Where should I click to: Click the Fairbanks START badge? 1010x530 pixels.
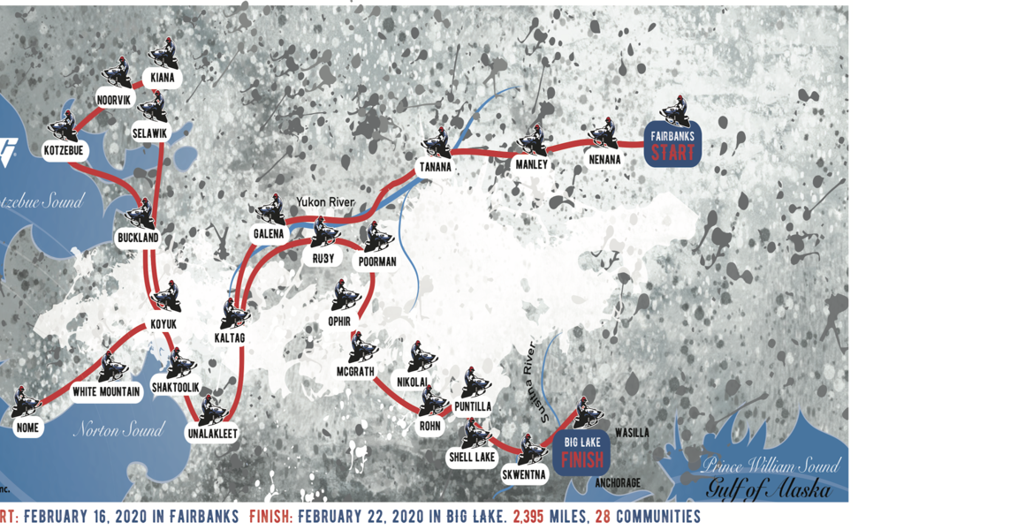pyautogui.click(x=672, y=145)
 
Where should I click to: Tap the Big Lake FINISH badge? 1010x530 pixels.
pyautogui.click(x=582, y=451)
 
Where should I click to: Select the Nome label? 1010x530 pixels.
pyautogui.click(x=27, y=428)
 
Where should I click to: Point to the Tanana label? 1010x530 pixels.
pyautogui.click(x=434, y=167)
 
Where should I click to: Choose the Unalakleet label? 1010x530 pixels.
pyautogui.click(x=211, y=434)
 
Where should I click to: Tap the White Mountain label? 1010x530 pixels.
pyautogui.click(x=106, y=391)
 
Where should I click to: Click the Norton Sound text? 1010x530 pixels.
pyautogui.click(x=118, y=430)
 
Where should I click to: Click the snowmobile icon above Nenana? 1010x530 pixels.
pyautogui.click(x=604, y=133)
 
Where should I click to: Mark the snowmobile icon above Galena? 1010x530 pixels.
pyautogui.click(x=269, y=209)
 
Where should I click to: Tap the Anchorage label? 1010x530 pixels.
pyautogui.click(x=617, y=483)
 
